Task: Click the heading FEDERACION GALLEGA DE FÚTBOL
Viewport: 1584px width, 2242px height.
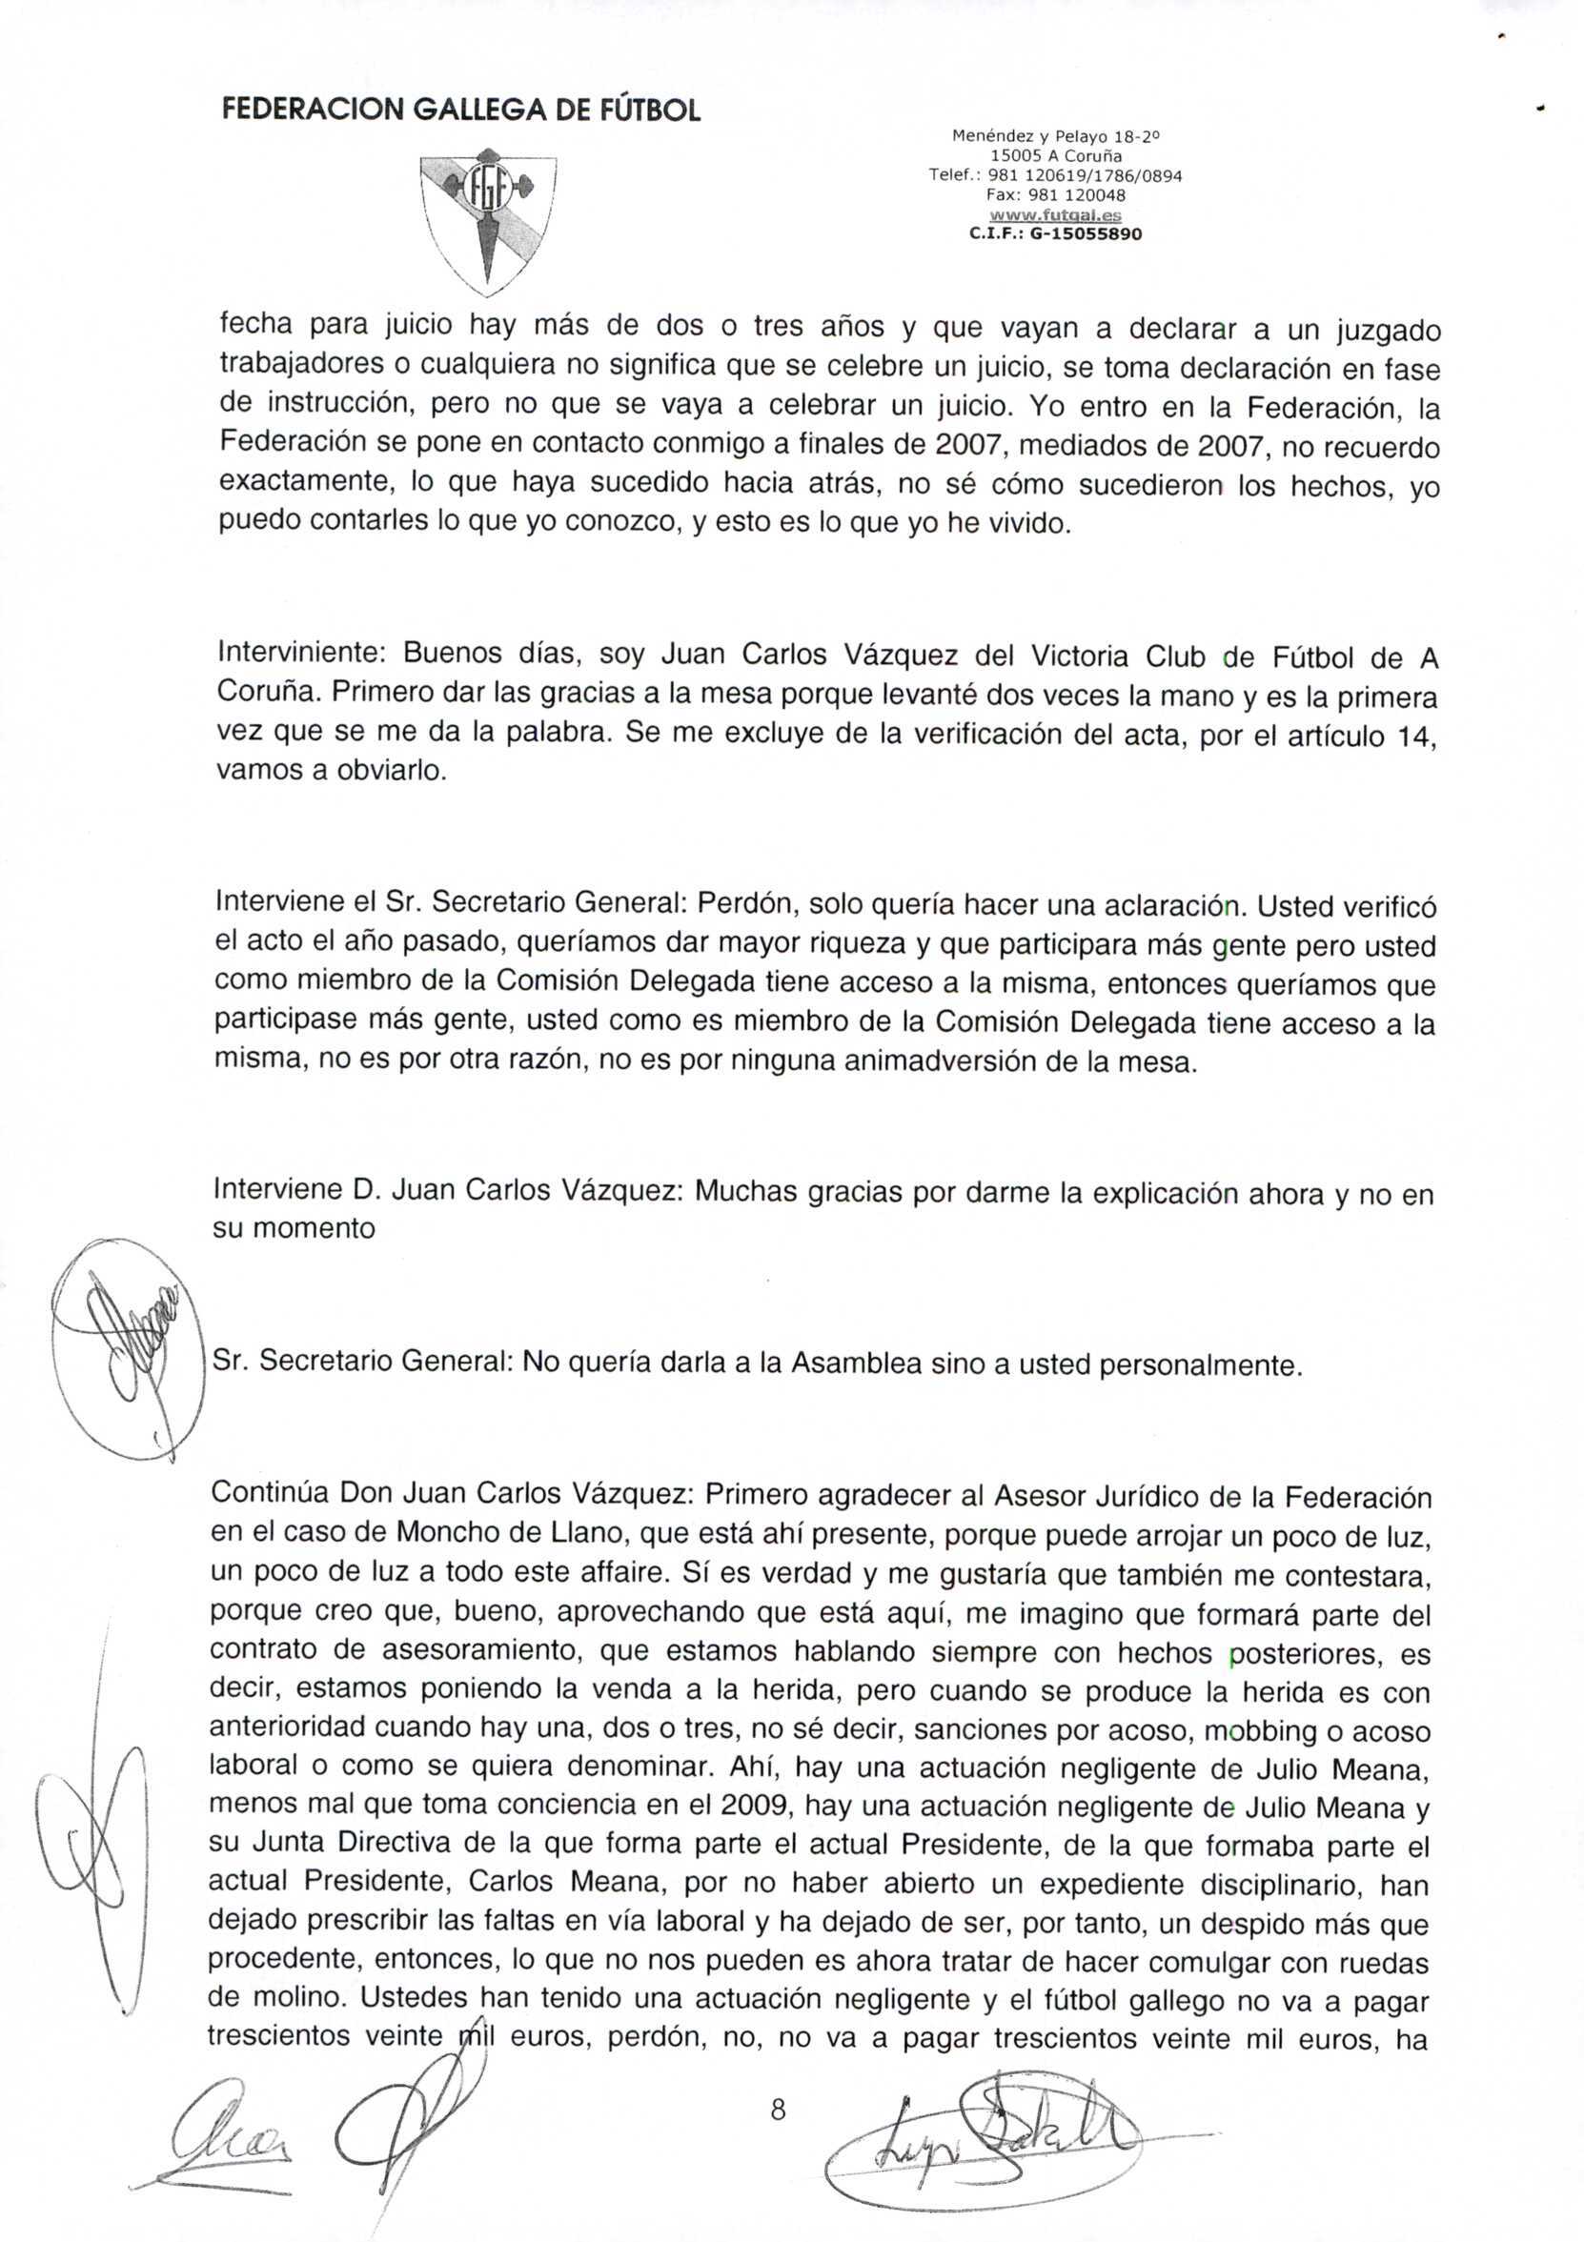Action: click(x=461, y=110)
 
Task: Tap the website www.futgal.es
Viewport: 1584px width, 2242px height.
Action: click(x=1055, y=214)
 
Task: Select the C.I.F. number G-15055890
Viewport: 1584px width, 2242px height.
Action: click(x=1055, y=234)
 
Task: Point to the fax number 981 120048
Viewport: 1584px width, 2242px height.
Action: click(x=1055, y=195)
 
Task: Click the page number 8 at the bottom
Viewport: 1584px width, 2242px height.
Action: click(x=778, y=2111)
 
